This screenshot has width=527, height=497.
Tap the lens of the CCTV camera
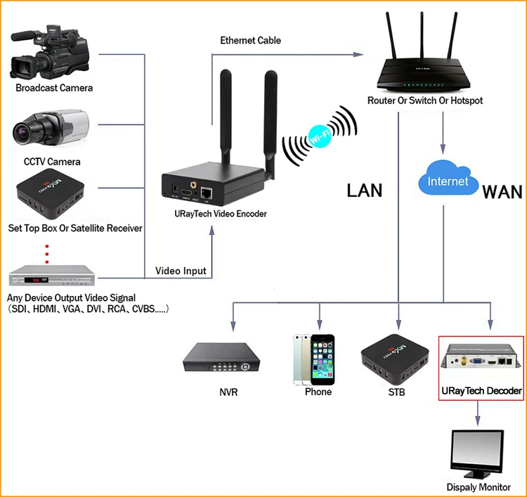pyautogui.click(x=30, y=130)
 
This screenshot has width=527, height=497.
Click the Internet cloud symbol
pyautogui.click(x=448, y=181)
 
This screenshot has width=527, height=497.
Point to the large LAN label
pyautogui.click(x=363, y=190)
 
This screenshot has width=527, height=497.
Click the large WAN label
pyautogui.click(x=502, y=192)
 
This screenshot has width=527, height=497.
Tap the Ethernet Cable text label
pyautogui.click(x=250, y=40)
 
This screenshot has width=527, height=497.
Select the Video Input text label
pyautogui.click(x=181, y=271)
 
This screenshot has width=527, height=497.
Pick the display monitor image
pyautogui.click(x=476, y=454)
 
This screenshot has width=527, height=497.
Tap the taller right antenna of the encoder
pyautogui.click(x=271, y=120)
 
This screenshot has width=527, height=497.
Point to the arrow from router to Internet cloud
pyautogui.click(x=442, y=134)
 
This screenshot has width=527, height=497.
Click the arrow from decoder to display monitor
pyautogui.click(x=478, y=413)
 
